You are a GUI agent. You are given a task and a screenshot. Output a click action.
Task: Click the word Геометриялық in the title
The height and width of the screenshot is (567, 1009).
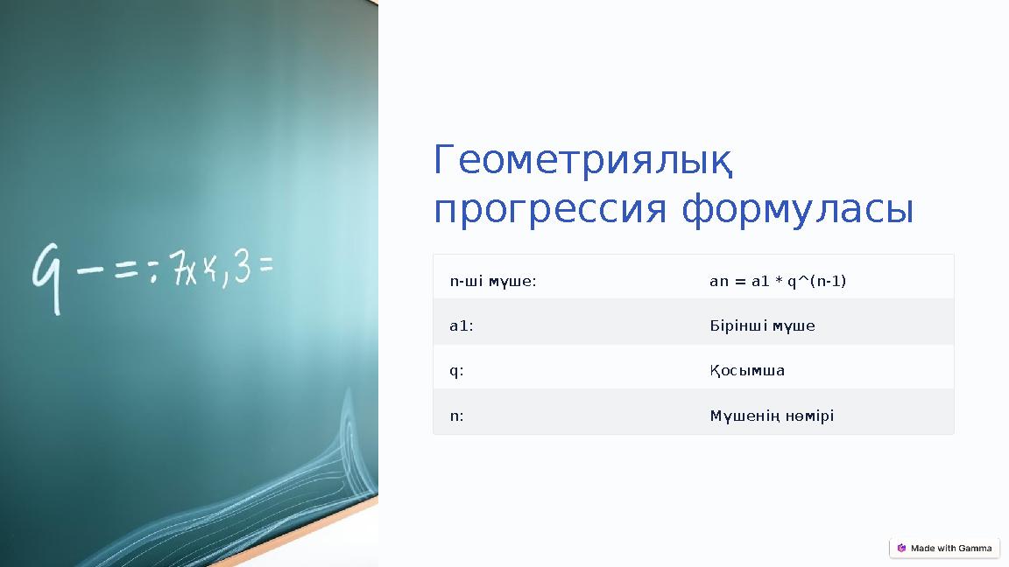[582, 161]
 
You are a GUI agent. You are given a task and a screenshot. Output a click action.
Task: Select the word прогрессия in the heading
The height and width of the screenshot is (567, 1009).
[550, 210]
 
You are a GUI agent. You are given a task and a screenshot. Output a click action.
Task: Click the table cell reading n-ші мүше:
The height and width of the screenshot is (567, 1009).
[493, 282]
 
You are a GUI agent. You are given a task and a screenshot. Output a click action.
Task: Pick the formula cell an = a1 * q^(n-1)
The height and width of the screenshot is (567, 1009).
[777, 282]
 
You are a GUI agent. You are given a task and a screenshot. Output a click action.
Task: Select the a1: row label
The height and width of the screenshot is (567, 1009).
[462, 326]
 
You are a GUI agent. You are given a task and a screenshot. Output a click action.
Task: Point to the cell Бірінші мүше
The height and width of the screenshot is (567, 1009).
[762, 326]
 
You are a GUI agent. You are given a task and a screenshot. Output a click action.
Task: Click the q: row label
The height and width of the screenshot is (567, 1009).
[456, 371]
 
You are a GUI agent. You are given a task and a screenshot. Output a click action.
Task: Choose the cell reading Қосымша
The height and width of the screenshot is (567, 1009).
[747, 371]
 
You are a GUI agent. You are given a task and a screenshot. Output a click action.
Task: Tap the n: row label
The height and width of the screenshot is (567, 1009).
[456, 416]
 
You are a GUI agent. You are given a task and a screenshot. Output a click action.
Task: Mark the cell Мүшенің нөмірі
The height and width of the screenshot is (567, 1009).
[772, 416]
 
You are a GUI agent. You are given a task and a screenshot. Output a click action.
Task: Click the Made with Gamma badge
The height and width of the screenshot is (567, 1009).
[944, 549]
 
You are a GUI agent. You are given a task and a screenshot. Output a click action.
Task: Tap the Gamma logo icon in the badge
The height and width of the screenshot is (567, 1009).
[901, 549]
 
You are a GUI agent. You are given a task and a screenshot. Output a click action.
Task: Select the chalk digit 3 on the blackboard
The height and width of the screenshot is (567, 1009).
[243, 268]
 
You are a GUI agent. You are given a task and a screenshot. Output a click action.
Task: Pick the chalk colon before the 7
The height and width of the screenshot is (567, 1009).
[155, 272]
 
